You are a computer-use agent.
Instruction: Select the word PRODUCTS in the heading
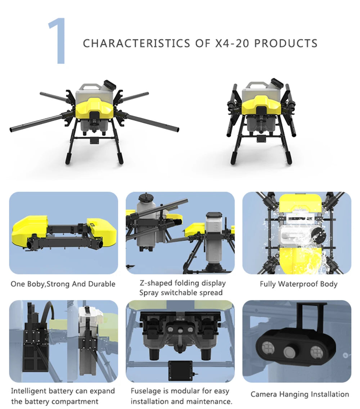click(286, 44)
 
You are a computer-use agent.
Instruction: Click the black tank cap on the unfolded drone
click(109, 85)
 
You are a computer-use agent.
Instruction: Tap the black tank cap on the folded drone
click(277, 82)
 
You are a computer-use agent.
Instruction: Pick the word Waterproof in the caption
click(298, 284)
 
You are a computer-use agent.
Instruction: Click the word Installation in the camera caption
click(329, 395)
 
